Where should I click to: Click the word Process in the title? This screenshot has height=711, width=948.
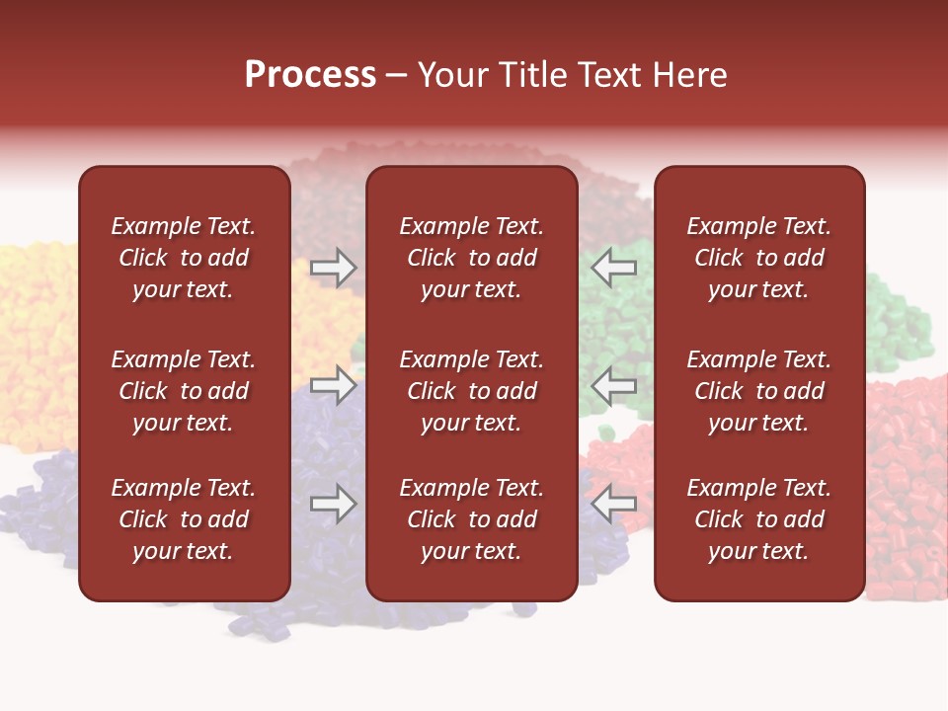(310, 75)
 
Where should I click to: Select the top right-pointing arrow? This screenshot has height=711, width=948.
(334, 267)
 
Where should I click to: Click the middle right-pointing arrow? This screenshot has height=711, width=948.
(334, 385)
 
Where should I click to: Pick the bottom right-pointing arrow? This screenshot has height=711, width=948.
(334, 504)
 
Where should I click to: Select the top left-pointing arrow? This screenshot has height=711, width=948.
(613, 267)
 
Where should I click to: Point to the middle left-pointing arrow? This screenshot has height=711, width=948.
(613, 385)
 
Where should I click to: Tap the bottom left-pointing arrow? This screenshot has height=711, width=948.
(613, 504)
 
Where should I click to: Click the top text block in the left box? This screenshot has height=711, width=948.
(184, 258)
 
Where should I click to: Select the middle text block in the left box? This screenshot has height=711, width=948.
(184, 391)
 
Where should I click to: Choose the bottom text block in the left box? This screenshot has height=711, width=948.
(184, 519)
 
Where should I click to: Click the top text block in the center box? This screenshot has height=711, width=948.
(471, 258)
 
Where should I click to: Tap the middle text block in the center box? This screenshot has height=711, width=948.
(471, 391)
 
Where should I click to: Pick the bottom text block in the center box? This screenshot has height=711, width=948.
(471, 519)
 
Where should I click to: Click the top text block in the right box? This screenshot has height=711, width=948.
(758, 258)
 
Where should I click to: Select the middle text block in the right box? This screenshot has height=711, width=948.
(758, 391)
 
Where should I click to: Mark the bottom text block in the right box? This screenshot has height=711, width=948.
(758, 519)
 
